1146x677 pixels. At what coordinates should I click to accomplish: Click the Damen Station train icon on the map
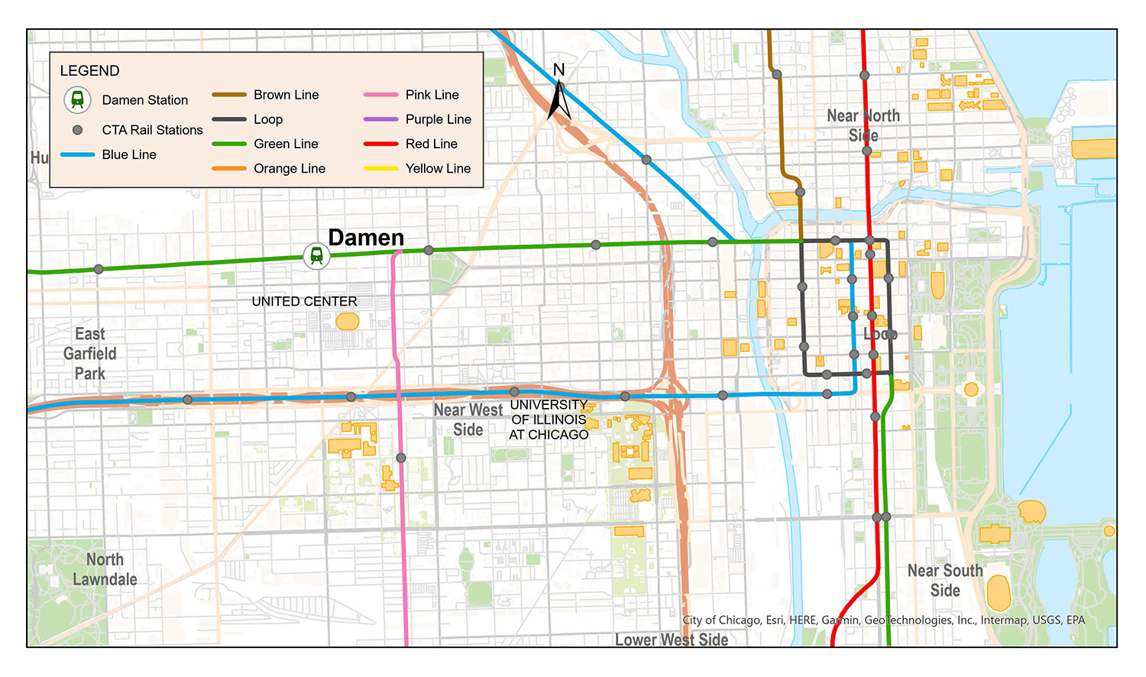(x=316, y=256)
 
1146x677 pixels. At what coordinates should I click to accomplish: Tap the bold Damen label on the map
(x=366, y=238)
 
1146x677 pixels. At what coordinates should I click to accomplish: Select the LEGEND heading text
(x=89, y=71)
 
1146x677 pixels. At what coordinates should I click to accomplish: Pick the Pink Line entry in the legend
(x=432, y=95)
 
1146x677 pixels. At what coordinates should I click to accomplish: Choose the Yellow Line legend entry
(x=437, y=168)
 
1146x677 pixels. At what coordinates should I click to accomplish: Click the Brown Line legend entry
(x=286, y=95)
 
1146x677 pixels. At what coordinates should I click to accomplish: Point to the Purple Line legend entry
(x=438, y=119)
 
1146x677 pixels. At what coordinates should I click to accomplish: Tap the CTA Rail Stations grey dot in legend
(x=77, y=130)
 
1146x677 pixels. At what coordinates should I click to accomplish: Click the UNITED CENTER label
(x=304, y=302)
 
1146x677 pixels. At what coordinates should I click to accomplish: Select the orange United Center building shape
(x=348, y=322)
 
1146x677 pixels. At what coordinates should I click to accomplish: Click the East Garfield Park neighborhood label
(x=90, y=354)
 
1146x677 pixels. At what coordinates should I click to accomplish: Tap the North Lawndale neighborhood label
(x=105, y=570)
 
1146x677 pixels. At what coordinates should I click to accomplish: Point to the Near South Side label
(x=945, y=581)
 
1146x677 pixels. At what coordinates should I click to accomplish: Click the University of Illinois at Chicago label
(x=549, y=419)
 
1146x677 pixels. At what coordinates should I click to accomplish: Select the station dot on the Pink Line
(x=401, y=458)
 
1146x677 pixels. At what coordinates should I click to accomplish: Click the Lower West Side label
(x=671, y=640)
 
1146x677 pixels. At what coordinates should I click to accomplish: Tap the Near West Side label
(x=468, y=419)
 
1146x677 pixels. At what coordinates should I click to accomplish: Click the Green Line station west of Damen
(x=99, y=269)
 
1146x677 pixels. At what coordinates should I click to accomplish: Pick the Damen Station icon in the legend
(x=77, y=99)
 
